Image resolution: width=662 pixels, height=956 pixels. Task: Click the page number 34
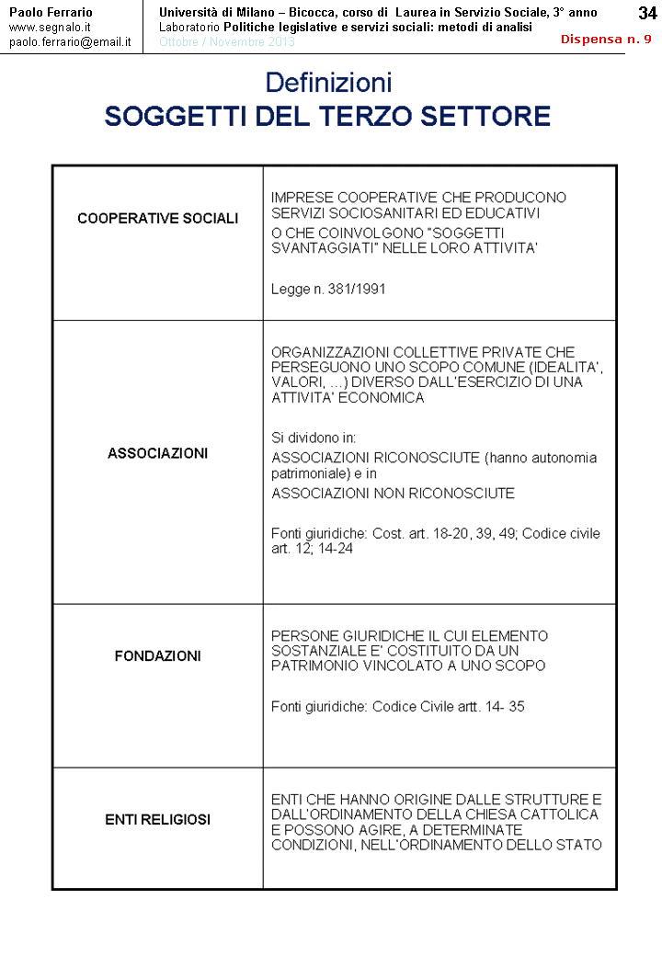[647, 13]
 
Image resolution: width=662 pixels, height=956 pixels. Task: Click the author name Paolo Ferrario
[51, 12]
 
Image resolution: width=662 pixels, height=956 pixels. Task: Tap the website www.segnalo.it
[50, 28]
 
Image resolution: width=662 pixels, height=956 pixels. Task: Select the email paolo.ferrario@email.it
[70, 42]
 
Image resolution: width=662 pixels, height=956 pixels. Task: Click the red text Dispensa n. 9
[606, 40]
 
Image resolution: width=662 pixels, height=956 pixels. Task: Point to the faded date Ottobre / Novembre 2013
[227, 42]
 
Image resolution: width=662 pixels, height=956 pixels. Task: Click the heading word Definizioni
[328, 83]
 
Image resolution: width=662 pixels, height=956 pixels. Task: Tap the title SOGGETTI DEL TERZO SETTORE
[327, 117]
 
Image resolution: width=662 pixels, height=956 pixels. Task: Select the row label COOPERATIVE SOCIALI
[158, 219]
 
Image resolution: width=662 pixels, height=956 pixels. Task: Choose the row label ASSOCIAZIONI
[158, 453]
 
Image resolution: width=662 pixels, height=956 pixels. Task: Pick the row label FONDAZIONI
[158, 656]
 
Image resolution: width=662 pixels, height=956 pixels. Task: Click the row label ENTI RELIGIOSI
[158, 819]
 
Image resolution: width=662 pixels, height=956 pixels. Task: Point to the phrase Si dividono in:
[314, 438]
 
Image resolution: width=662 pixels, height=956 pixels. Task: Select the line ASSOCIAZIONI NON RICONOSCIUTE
[393, 494]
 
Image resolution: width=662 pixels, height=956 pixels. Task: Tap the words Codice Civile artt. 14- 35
[449, 707]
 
